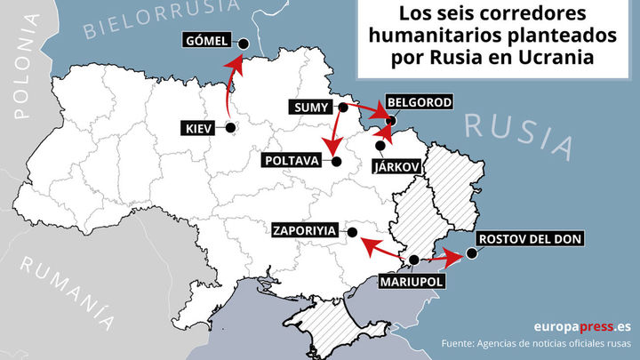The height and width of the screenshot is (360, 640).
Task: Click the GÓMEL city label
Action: pyautogui.click(x=207, y=40)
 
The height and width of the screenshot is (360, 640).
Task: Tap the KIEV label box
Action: pyautogui.click(x=196, y=129)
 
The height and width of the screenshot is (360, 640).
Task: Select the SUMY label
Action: pyautogui.click(x=311, y=108)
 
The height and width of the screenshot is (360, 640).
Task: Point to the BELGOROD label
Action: pyautogui.click(x=420, y=102)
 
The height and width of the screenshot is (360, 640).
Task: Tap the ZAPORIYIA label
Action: pyautogui.click(x=305, y=230)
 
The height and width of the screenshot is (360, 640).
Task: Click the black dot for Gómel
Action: pyautogui.click(x=243, y=43)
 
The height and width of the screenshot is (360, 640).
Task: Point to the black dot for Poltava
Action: pyautogui.click(x=337, y=161)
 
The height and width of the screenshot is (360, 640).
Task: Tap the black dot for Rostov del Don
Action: pyautogui.click(x=471, y=252)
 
